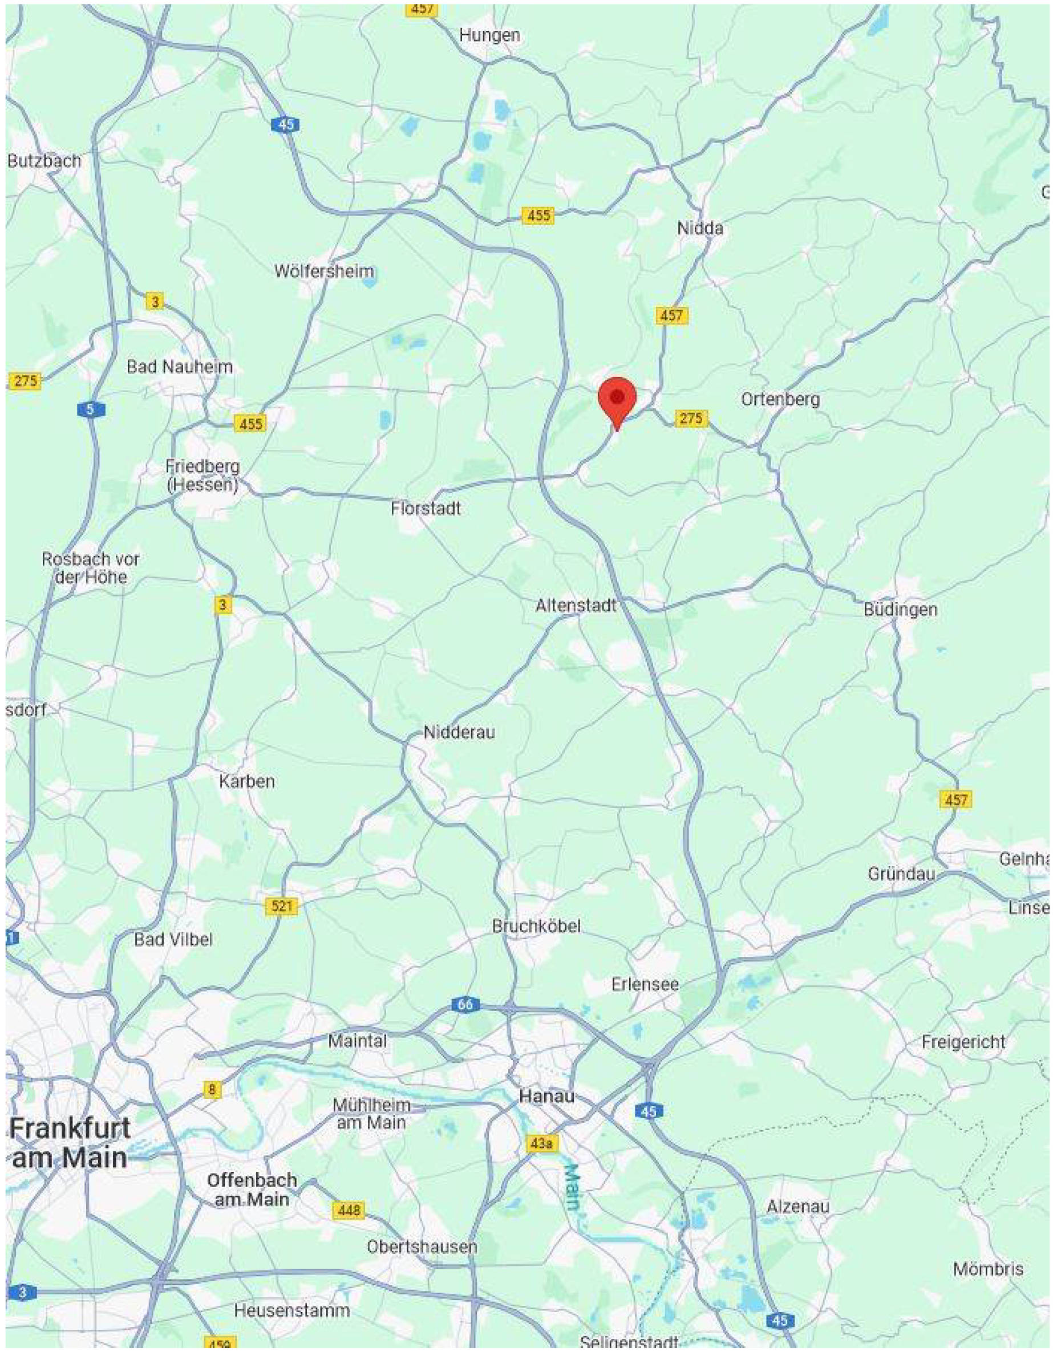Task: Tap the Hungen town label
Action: (489, 35)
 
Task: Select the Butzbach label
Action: (44, 161)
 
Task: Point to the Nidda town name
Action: (700, 228)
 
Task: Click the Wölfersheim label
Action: (324, 271)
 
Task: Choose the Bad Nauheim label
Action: (180, 367)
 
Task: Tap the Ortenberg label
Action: (780, 399)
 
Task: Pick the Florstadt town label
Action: (426, 508)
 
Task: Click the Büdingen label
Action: (900, 609)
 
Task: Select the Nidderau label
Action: (459, 732)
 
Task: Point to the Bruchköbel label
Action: (536, 926)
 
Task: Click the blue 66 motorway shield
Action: (464, 1004)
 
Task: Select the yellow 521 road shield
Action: (281, 906)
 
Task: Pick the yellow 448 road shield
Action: (348, 1209)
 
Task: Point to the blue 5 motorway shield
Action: (91, 409)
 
